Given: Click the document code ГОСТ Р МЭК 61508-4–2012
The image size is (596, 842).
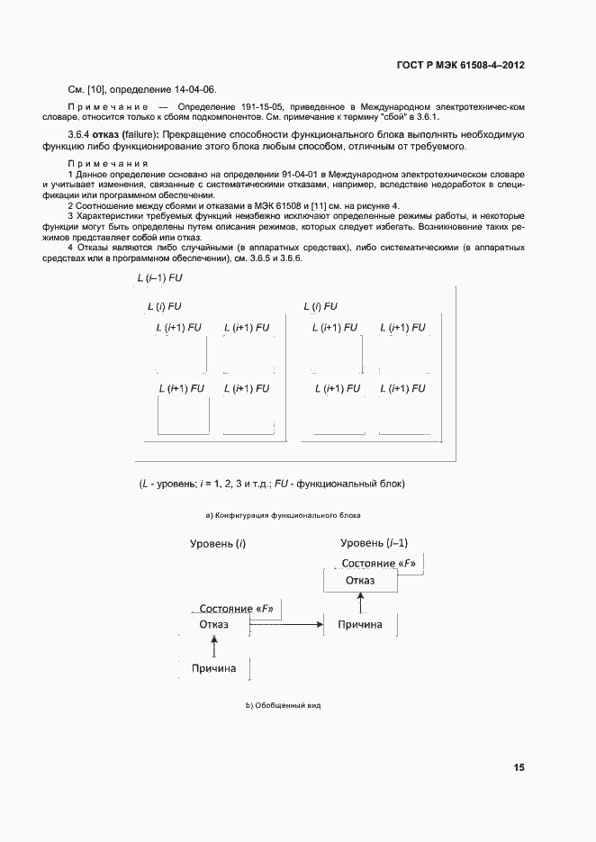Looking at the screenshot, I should click(x=460, y=66).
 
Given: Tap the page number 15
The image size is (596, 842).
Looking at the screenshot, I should click(x=519, y=768).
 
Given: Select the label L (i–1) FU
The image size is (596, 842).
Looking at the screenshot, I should click(x=159, y=280).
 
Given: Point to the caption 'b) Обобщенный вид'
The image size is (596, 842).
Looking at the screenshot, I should click(x=284, y=705).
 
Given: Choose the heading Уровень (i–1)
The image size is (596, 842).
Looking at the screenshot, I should click(x=375, y=543).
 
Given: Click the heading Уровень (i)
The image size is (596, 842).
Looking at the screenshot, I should click(x=218, y=544).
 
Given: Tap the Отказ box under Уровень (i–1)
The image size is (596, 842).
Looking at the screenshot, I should click(x=372, y=581).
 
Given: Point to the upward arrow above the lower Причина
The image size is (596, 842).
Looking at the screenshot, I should click(x=214, y=646).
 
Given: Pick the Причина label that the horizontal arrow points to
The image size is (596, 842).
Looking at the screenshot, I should click(x=359, y=624).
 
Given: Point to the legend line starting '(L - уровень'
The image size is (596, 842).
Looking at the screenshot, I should click(x=272, y=484).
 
